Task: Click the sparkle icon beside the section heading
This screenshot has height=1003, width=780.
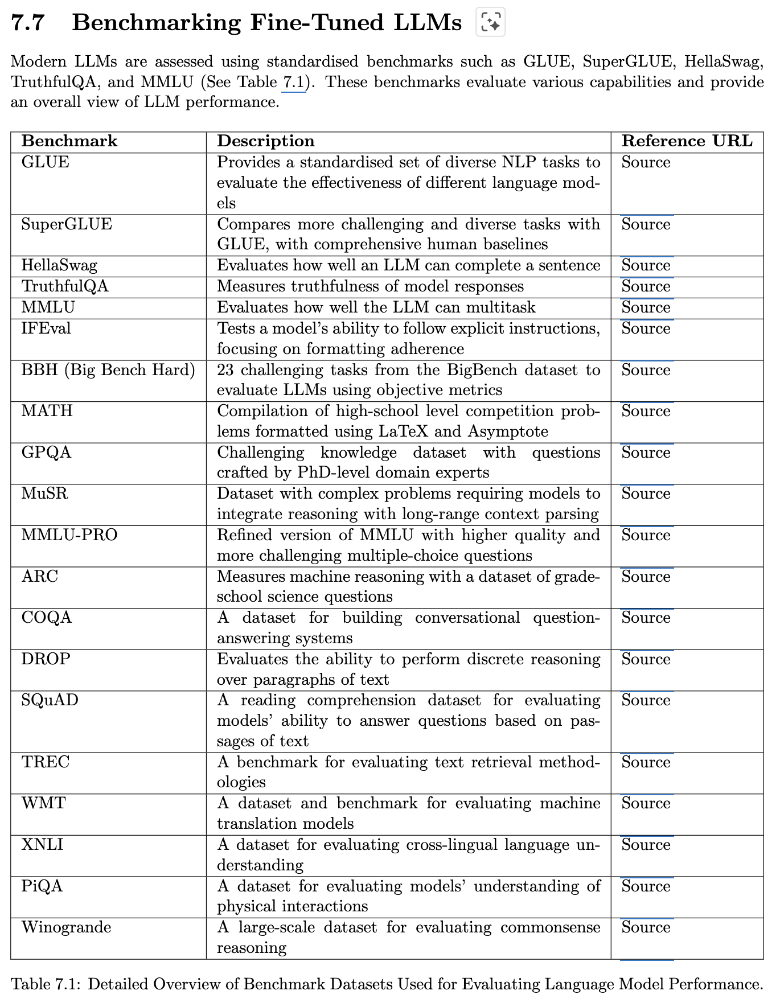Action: (490, 23)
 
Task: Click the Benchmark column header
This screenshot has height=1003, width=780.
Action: (69, 141)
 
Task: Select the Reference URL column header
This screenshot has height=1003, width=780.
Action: (687, 141)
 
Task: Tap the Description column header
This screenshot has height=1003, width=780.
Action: (266, 141)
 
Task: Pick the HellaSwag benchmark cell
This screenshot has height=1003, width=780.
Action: (59, 266)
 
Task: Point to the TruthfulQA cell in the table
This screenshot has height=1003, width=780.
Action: (65, 286)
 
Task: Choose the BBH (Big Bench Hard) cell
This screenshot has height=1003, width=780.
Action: (108, 370)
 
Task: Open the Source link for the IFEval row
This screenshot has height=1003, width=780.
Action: (646, 328)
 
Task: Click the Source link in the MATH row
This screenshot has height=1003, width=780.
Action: (646, 411)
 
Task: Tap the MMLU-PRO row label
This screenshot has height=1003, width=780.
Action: (69, 535)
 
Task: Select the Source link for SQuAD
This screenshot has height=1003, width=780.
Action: (646, 700)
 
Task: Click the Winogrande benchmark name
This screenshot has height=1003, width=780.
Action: (66, 927)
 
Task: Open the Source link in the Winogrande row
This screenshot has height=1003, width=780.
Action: (646, 927)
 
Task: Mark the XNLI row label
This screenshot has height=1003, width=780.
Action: (42, 845)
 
